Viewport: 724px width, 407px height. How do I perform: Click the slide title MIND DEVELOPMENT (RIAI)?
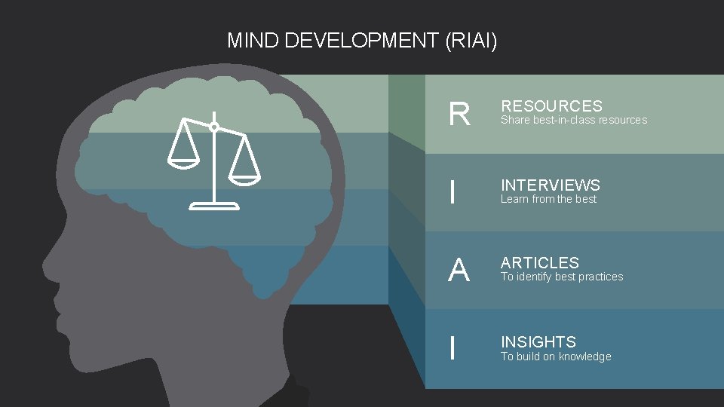[362, 40]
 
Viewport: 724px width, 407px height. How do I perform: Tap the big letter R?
[459, 115]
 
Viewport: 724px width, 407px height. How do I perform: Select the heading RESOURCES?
[551, 106]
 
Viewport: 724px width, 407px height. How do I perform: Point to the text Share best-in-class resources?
[574, 120]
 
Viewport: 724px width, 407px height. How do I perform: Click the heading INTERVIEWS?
[551, 185]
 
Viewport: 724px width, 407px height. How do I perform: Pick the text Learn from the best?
[548, 199]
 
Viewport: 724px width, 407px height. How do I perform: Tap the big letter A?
[459, 271]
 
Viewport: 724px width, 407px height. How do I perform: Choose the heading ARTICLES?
[540, 263]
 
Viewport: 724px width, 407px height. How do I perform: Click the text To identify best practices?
[562, 277]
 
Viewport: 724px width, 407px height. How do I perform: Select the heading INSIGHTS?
[538, 342]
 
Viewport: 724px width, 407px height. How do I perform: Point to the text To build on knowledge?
[556, 357]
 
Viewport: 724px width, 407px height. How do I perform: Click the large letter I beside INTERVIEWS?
[452, 193]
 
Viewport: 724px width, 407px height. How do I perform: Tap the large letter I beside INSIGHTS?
[452, 348]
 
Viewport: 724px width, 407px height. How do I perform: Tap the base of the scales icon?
[214, 205]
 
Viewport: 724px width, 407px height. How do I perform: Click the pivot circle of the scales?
[214, 127]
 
